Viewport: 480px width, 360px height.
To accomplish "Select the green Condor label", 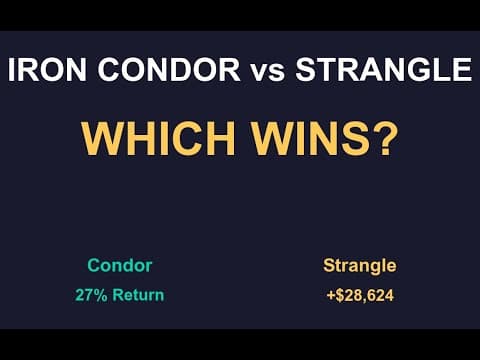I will coord(119,266).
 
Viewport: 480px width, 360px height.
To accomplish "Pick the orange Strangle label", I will coord(359,266).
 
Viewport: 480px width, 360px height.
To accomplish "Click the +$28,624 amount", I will coord(359,296).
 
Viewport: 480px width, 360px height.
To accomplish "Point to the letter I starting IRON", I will coord(12,71).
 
